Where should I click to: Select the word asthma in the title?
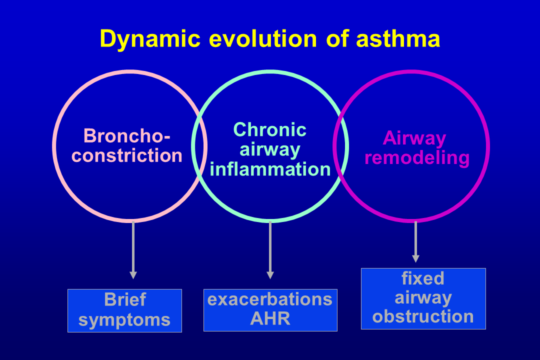(x=398, y=39)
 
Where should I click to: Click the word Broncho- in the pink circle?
(x=127, y=135)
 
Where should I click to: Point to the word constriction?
(x=127, y=155)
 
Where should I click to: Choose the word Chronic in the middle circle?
(x=270, y=129)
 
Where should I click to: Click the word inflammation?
(x=270, y=169)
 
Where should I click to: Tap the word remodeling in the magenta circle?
(x=417, y=157)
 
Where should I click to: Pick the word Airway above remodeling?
(x=414, y=137)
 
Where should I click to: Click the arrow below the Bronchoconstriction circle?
(x=133, y=250)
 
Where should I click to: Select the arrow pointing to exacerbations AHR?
(x=270, y=250)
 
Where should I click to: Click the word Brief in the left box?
(x=125, y=299)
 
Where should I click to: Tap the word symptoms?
(x=124, y=320)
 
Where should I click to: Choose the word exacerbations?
(x=270, y=299)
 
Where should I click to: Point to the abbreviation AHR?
(x=270, y=319)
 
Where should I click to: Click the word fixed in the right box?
(x=423, y=277)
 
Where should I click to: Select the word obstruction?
(x=423, y=316)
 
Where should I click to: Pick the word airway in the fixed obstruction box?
(x=423, y=297)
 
